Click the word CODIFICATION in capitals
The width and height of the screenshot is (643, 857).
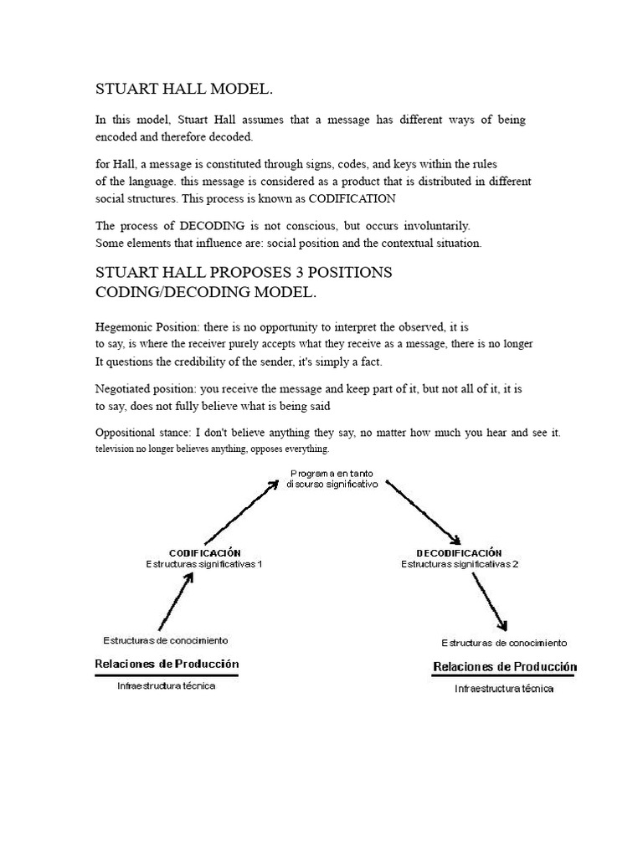[x=352, y=199]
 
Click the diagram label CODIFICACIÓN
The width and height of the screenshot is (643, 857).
[x=205, y=552]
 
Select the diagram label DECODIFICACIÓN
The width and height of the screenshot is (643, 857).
[x=459, y=552]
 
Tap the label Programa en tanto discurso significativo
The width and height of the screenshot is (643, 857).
[x=332, y=479]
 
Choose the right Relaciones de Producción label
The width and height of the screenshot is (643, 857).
[x=504, y=667]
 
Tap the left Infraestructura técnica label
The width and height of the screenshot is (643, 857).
[x=166, y=685]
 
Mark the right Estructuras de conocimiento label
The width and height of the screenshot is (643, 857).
[x=504, y=643]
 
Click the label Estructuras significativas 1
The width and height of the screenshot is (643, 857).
[x=205, y=564]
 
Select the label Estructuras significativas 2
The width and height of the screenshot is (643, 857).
[x=460, y=564]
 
